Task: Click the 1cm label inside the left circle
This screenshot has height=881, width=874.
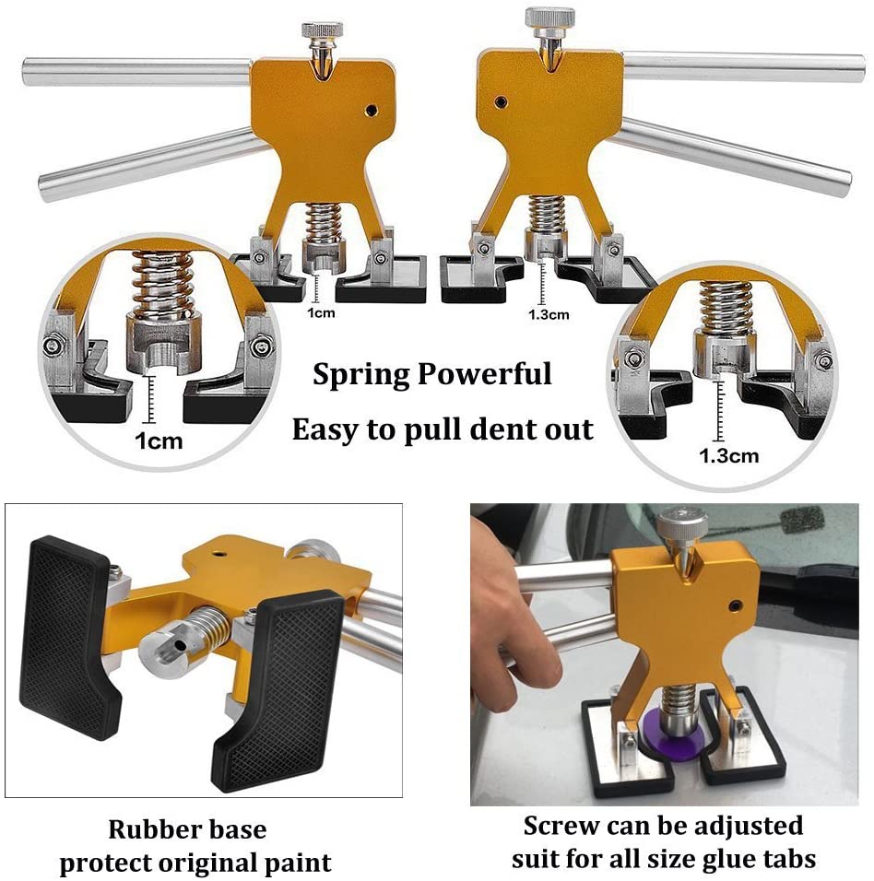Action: click(159, 441)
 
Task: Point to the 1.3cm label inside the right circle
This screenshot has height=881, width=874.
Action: click(728, 455)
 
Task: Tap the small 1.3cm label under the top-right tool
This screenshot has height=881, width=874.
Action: click(549, 313)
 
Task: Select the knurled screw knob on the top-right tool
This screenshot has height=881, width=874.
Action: click(549, 18)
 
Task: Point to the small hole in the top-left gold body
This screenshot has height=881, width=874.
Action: click(371, 110)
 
